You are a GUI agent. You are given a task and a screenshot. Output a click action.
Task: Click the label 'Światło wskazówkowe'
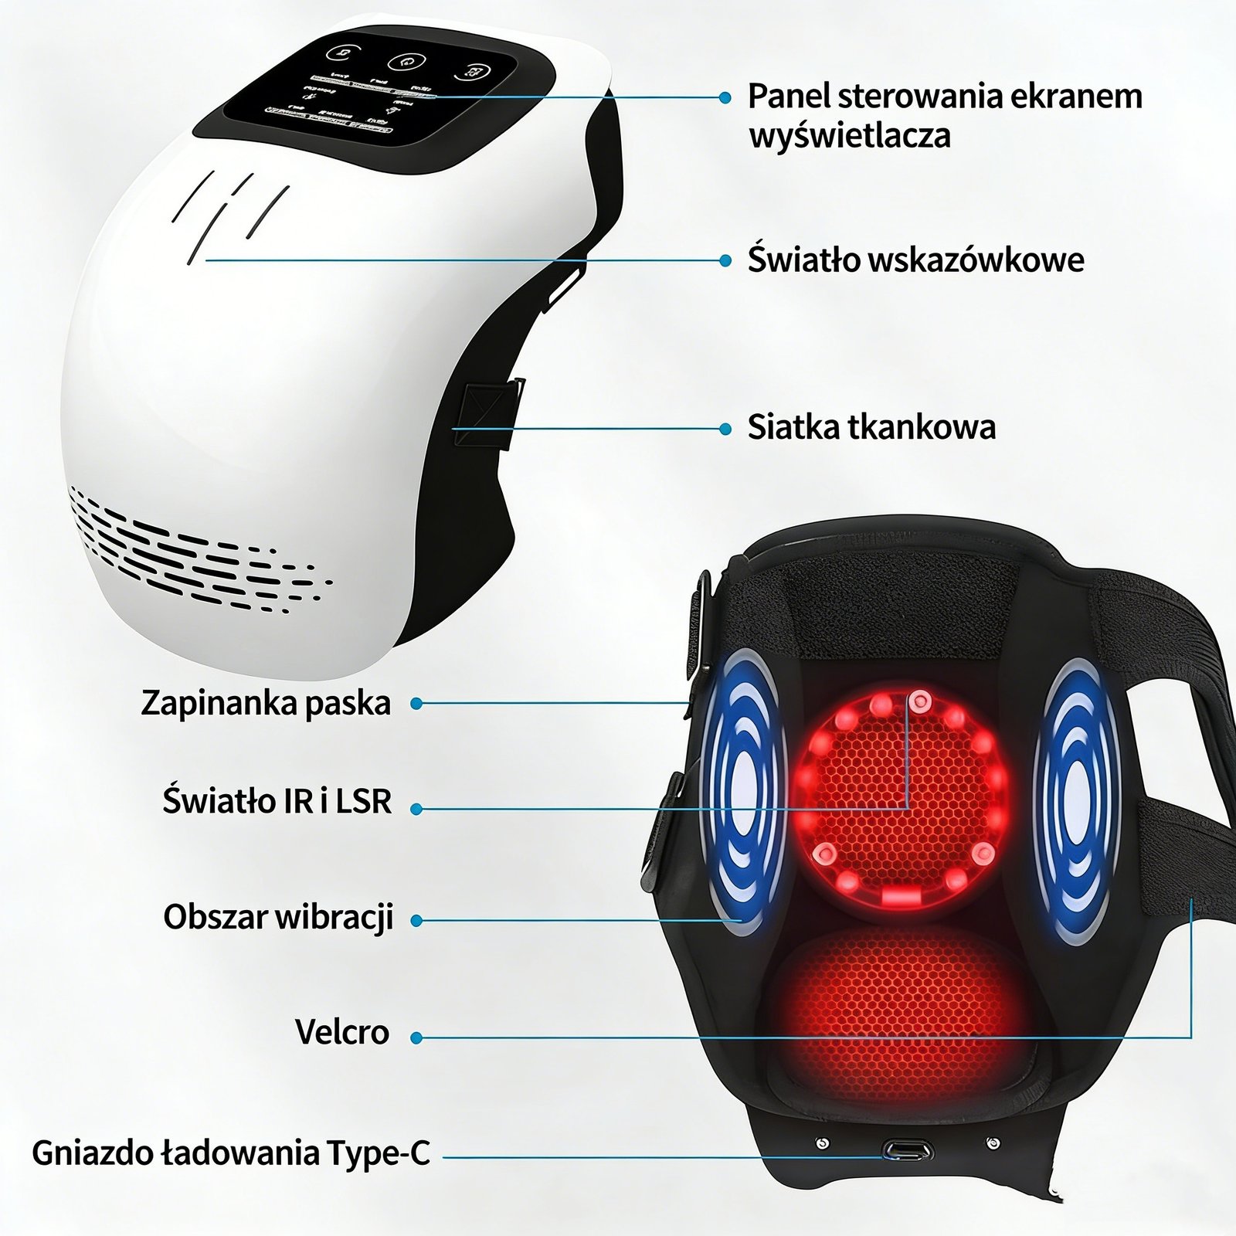pyautogui.click(x=915, y=260)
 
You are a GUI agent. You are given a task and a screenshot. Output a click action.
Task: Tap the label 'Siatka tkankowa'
pyautogui.click(x=871, y=427)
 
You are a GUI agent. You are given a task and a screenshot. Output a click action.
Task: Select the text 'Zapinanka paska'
pyautogui.click(x=266, y=703)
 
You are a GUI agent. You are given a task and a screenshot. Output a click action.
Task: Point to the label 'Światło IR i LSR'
pyautogui.click(x=277, y=801)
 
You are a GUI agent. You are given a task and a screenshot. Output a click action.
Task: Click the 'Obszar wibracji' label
pyautogui.click(x=278, y=918)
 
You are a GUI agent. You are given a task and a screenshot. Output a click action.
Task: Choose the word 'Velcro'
pyautogui.click(x=342, y=1032)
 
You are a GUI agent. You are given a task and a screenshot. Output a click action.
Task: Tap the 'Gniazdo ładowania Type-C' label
pyautogui.click(x=230, y=1153)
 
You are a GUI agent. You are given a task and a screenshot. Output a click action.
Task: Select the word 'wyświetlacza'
pyautogui.click(x=850, y=137)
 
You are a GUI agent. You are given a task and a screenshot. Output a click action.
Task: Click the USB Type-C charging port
pyautogui.click(x=908, y=1151)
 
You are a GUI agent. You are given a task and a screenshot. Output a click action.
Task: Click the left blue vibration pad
pyautogui.click(x=742, y=792)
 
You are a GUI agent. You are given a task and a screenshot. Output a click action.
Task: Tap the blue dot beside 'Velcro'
pyautogui.click(x=416, y=1038)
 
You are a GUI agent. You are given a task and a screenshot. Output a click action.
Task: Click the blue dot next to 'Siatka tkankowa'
pyautogui.click(x=725, y=429)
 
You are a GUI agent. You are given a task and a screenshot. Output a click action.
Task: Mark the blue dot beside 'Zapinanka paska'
pyautogui.click(x=416, y=704)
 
